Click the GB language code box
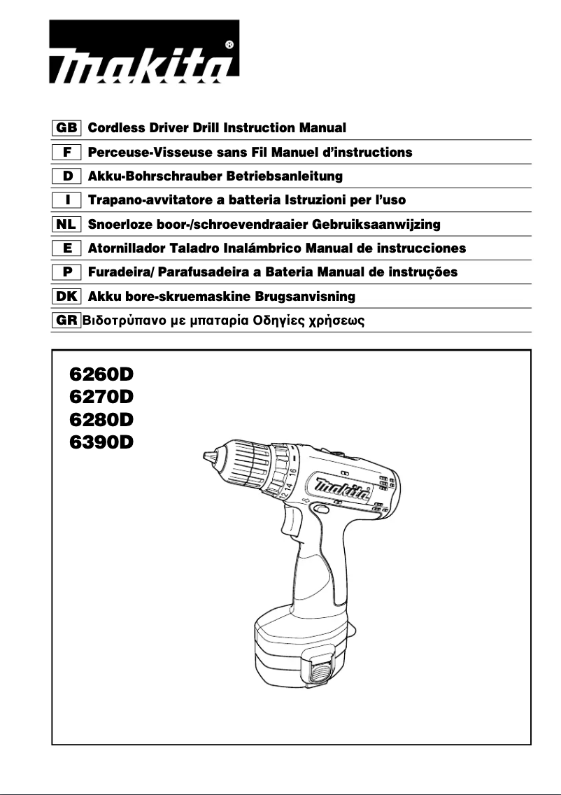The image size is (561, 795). pyautogui.click(x=67, y=128)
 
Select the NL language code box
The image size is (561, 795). pyautogui.click(x=67, y=225)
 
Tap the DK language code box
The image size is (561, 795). pyautogui.click(x=67, y=297)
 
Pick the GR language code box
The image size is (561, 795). pyautogui.click(x=67, y=321)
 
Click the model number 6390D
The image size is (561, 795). pyautogui.click(x=101, y=442)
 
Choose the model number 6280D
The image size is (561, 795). pyautogui.click(x=101, y=420)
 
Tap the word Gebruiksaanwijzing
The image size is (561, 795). pyautogui.click(x=381, y=225)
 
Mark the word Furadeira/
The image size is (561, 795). pyautogui.click(x=122, y=272)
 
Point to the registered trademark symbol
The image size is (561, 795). pyautogui.click(x=229, y=45)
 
